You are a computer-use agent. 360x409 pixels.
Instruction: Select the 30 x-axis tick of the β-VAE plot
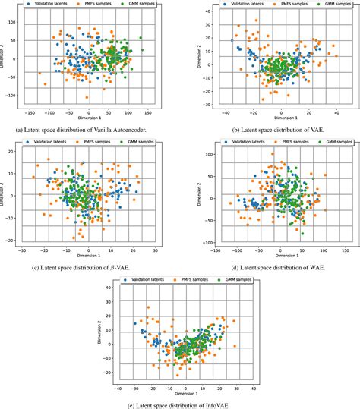[154, 249]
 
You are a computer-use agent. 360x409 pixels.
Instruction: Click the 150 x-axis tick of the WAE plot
[348, 249]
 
